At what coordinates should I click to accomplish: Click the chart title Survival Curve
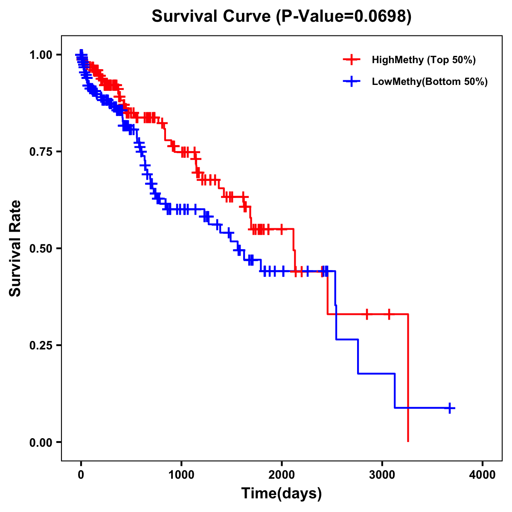click(211, 17)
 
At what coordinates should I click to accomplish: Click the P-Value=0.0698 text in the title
click(343, 17)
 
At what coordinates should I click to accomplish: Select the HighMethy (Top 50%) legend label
click(423, 60)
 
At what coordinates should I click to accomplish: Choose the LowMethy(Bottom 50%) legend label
click(430, 82)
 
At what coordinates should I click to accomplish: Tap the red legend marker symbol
click(352, 60)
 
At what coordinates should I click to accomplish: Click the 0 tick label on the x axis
click(81, 474)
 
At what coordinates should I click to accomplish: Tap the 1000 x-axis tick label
click(181, 474)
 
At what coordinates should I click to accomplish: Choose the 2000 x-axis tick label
click(282, 474)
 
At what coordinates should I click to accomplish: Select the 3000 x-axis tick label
click(382, 474)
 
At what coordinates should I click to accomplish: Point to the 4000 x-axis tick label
click(483, 474)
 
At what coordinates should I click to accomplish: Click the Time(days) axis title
click(282, 494)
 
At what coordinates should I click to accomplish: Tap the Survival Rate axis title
click(15, 248)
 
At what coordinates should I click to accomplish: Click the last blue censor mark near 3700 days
click(450, 408)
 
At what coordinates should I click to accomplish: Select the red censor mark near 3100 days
click(388, 314)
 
